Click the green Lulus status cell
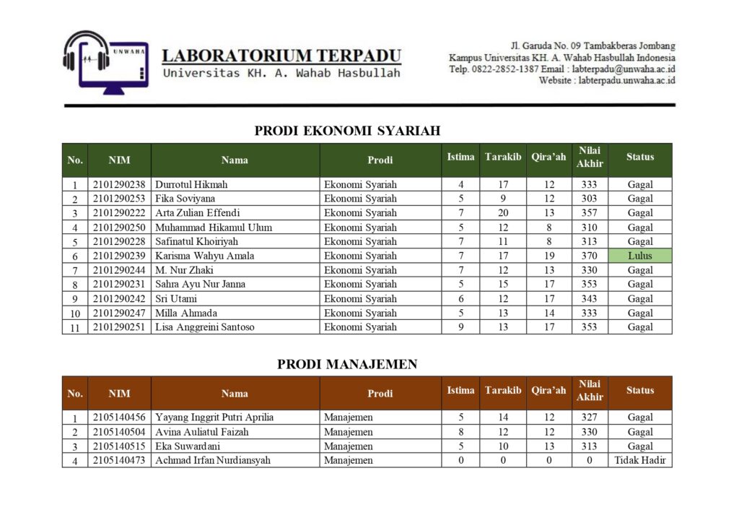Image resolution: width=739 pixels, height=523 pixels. tap(639, 256)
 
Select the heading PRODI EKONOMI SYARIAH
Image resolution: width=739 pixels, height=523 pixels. tap(347, 131)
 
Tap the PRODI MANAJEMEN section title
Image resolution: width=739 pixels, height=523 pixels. tap(347, 364)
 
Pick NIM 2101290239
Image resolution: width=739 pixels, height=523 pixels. tap(119, 256)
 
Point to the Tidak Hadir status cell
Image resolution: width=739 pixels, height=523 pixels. tap(639, 460)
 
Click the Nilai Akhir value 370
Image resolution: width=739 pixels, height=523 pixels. tap(590, 256)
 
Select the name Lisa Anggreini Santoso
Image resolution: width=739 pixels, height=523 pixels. tap(205, 327)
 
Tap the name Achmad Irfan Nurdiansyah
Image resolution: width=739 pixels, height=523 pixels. tap(213, 460)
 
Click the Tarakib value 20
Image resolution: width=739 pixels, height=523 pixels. tap(503, 213)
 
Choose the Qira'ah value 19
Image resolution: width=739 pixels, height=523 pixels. tap(549, 256)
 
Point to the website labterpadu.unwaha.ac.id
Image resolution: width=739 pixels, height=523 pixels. tap(626, 80)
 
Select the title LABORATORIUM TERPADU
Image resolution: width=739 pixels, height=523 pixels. tap(281, 56)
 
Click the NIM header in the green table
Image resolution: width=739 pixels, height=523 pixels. tap(119, 160)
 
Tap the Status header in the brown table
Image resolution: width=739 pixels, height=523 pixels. tap(639, 390)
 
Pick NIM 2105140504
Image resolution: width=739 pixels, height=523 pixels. tap(119, 432)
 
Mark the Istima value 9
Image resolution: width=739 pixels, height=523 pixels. tap(460, 327)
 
